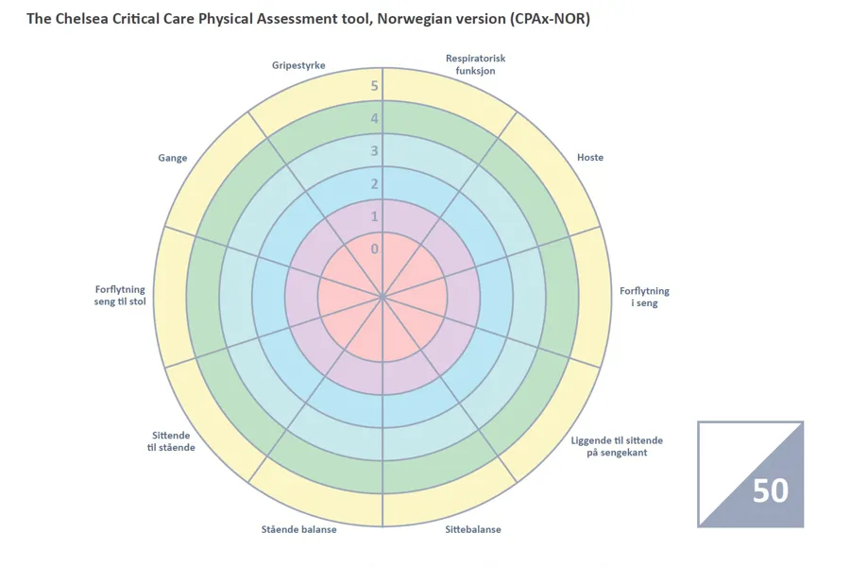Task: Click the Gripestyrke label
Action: pyautogui.click(x=298, y=65)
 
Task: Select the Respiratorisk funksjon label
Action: pyautogui.click(x=475, y=64)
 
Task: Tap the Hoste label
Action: pyautogui.click(x=590, y=157)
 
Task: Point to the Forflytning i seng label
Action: pyautogui.click(x=644, y=298)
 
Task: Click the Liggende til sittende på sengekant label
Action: pyautogui.click(x=617, y=446)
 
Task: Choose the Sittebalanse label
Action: pyautogui.click(x=473, y=529)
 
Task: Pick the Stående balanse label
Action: pyautogui.click(x=298, y=529)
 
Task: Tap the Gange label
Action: pyautogui.click(x=172, y=158)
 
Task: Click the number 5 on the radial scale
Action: pyautogui.click(x=374, y=86)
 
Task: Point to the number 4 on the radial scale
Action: pyautogui.click(x=374, y=119)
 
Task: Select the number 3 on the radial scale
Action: pyautogui.click(x=374, y=151)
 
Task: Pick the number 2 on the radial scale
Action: pyautogui.click(x=374, y=184)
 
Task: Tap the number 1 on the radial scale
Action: pyautogui.click(x=374, y=216)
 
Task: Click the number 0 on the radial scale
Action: pyautogui.click(x=374, y=249)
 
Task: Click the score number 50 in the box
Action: pyautogui.click(x=771, y=490)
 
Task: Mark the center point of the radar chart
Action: pyautogui.click(x=382, y=296)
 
